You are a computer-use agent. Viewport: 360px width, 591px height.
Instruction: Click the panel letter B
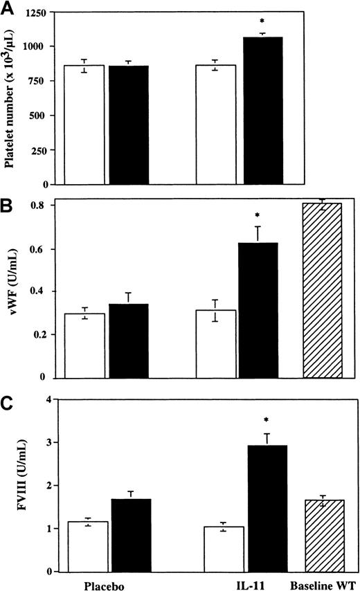(x=8, y=206)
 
